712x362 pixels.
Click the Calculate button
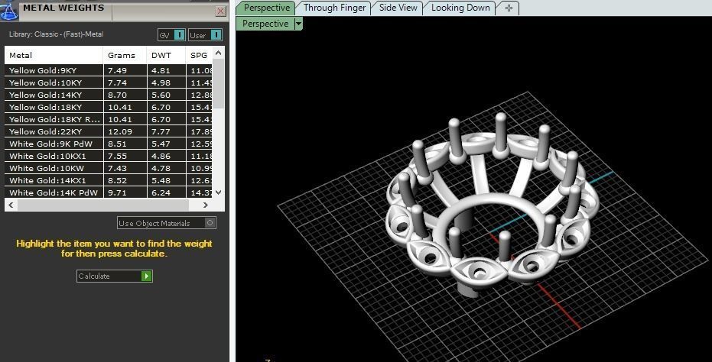tap(115, 276)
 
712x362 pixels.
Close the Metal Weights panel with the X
tap(220, 11)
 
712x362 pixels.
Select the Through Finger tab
tap(334, 8)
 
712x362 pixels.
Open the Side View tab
tap(398, 8)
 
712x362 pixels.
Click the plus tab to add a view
tap(509, 8)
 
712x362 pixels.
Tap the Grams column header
tap(122, 56)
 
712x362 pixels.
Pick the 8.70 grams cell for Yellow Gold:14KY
tap(118, 95)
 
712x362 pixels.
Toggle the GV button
tap(171, 35)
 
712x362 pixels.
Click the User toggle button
tap(205, 35)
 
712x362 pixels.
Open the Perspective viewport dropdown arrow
tap(298, 24)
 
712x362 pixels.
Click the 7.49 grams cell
tap(118, 70)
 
